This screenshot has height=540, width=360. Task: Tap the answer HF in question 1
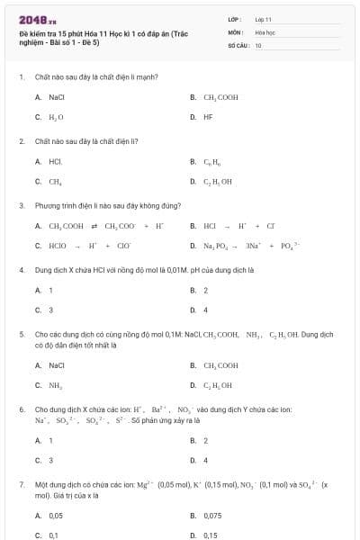208,117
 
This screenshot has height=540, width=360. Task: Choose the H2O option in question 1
56,117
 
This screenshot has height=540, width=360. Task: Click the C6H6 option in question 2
212,162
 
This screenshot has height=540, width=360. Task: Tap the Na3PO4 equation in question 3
253,245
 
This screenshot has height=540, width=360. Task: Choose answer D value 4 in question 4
206,310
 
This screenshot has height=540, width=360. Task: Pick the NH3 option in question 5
56,385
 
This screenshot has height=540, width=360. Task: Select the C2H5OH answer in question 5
218,385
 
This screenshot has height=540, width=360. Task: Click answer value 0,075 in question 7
212,516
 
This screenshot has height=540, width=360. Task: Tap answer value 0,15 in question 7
211,535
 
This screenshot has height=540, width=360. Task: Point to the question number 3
22,205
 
